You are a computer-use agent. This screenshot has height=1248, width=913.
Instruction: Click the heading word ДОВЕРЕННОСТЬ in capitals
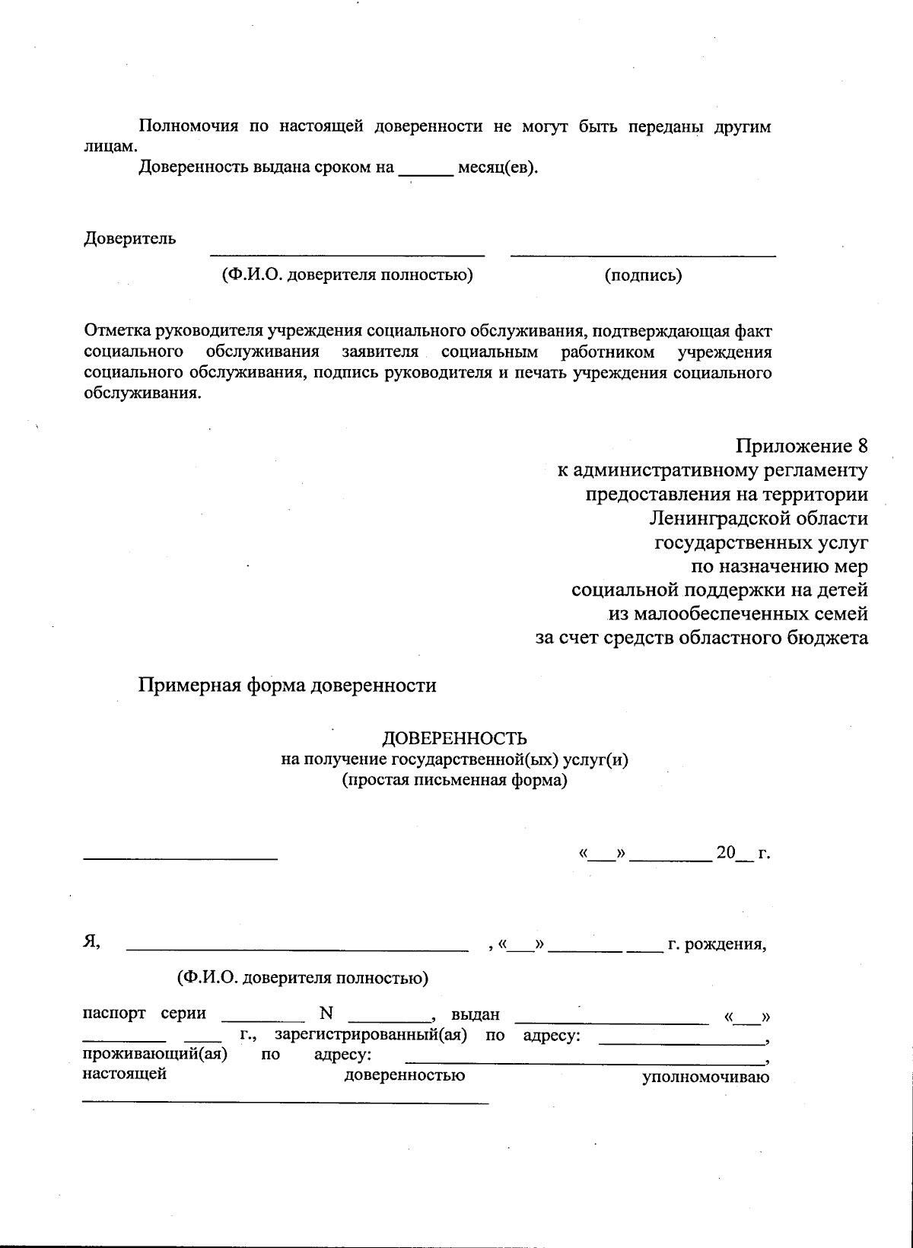pyautogui.click(x=454, y=738)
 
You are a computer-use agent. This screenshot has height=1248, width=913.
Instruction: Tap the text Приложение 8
pyautogui.click(x=801, y=446)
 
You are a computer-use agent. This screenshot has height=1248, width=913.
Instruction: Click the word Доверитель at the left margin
pyautogui.click(x=129, y=238)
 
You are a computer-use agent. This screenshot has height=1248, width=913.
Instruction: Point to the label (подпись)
pyautogui.click(x=643, y=275)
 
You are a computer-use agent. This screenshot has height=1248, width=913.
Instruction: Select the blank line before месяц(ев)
pyautogui.click(x=426, y=174)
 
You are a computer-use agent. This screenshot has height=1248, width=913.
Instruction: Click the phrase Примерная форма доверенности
pyautogui.click(x=287, y=686)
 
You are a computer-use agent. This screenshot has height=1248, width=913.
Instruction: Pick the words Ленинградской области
pyautogui.click(x=759, y=519)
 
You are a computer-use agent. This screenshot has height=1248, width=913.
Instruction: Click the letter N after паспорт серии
pyautogui.click(x=327, y=1014)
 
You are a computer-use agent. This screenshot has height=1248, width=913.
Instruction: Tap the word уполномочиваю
pyautogui.click(x=706, y=1077)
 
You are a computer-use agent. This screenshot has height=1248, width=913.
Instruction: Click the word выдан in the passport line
pyautogui.click(x=475, y=1014)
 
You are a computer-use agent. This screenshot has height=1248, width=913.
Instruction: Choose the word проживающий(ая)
pyautogui.click(x=155, y=1055)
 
